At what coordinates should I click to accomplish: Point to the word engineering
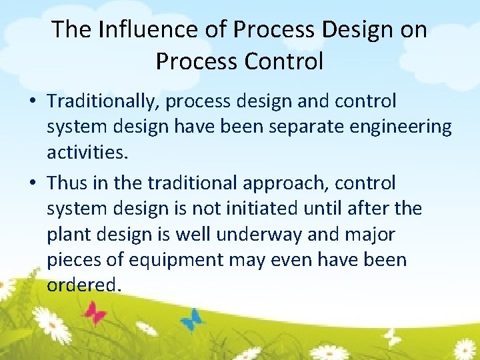tap(406, 127)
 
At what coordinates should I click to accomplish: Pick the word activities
tap(86, 153)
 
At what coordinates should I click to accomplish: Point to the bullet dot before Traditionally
tap(33, 102)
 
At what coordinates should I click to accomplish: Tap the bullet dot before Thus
tap(33, 183)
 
